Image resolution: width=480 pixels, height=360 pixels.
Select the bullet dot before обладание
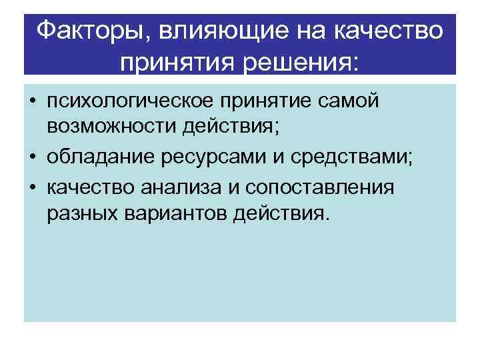point(32,159)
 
